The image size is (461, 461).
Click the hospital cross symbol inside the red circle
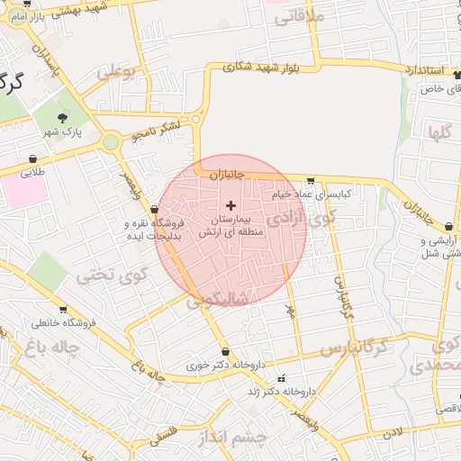click(x=230, y=206)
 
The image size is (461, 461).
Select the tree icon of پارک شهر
click(x=62, y=117)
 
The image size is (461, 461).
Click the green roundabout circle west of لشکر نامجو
click(x=111, y=141)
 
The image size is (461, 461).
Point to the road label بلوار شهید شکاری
click(x=271, y=67)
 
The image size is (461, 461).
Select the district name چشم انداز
click(x=230, y=438)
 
